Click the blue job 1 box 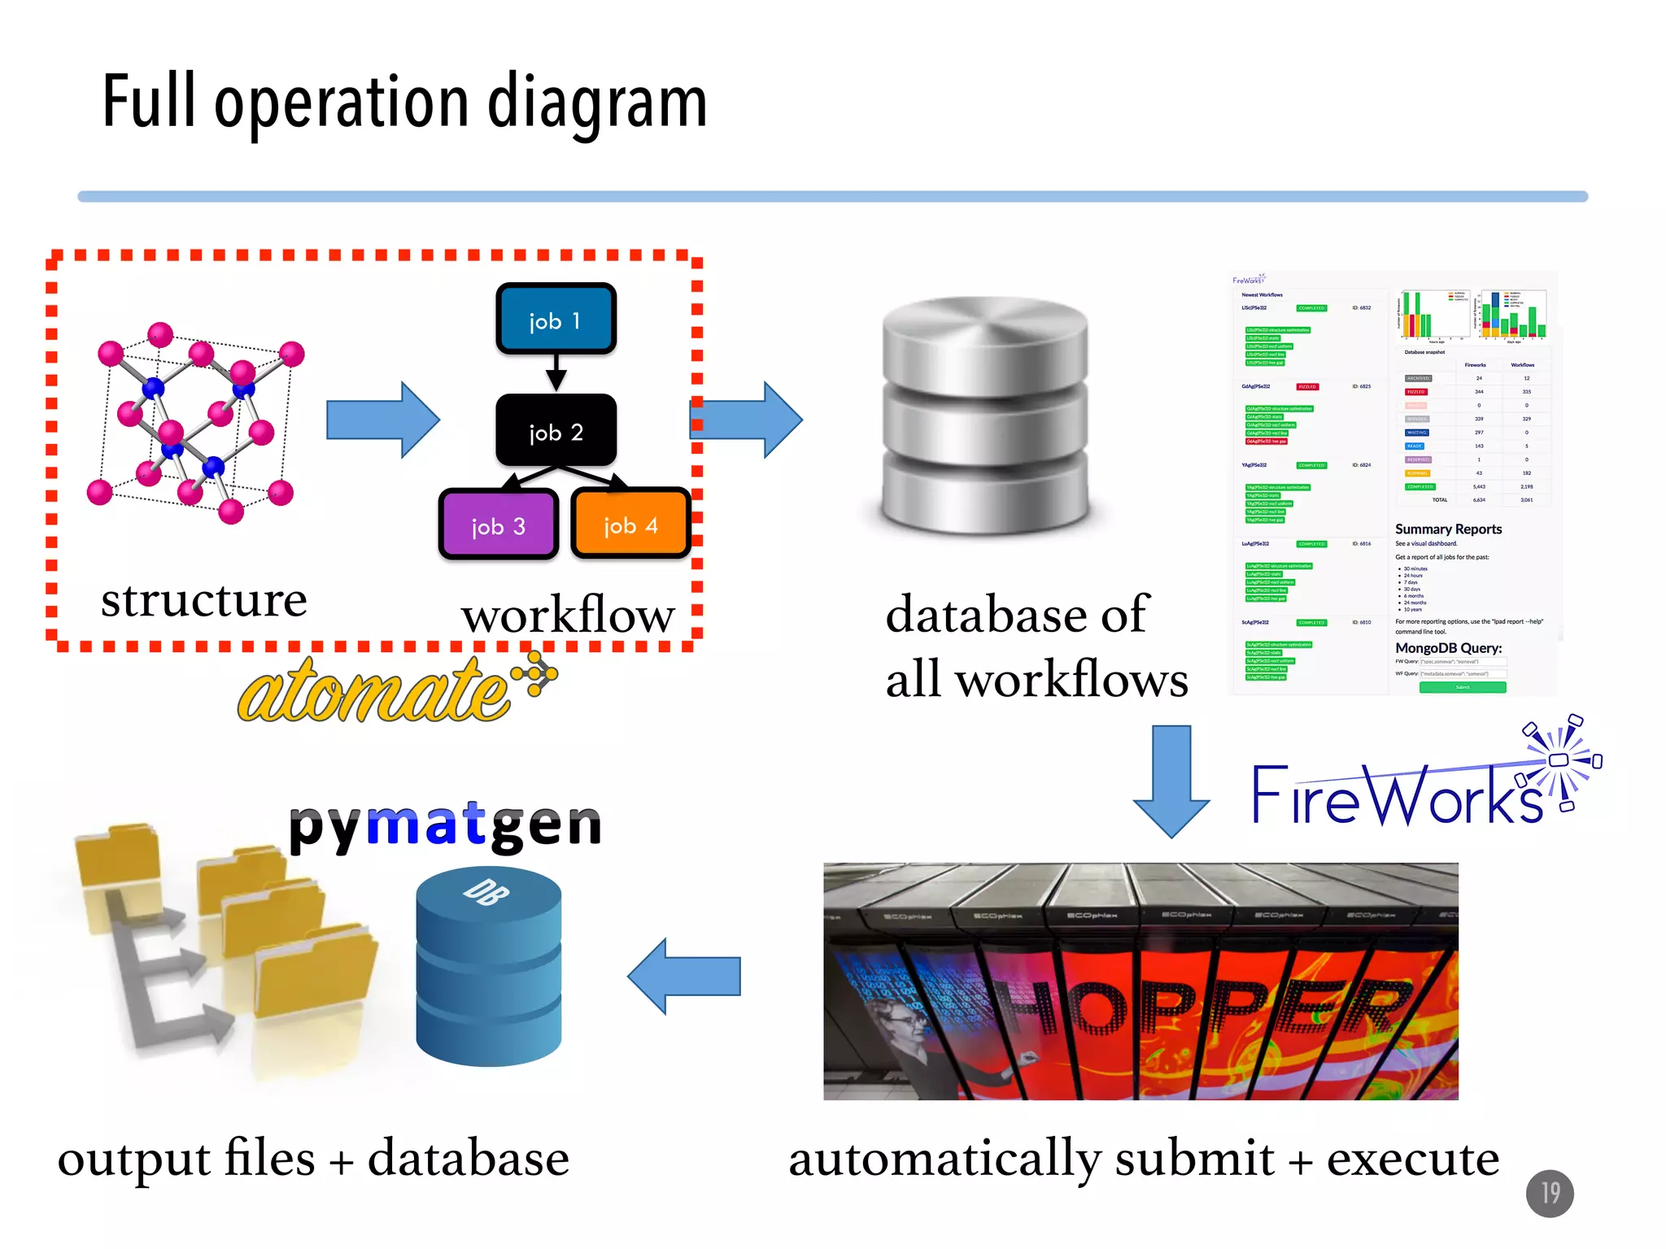556,319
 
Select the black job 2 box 556,430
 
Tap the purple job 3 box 499,524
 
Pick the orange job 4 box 630,524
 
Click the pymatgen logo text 445,825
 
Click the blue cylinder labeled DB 488,968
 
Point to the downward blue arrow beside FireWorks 1171,781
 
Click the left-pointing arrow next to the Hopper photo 685,976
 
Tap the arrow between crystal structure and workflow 382,420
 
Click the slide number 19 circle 1550,1193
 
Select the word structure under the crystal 203,600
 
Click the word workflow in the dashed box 568,615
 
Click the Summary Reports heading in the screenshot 1448,529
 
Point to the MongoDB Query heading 1448,648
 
